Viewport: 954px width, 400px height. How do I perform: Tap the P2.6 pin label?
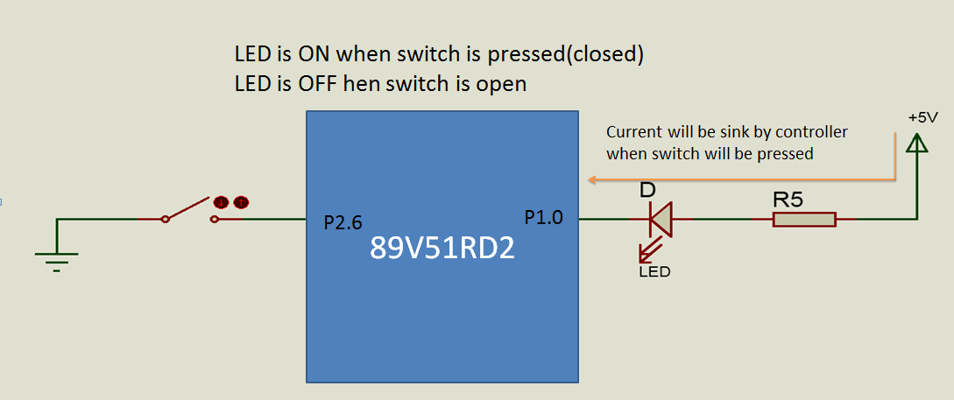tap(343, 223)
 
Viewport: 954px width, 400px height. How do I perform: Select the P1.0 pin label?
tap(545, 217)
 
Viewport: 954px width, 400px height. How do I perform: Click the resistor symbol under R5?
tap(804, 220)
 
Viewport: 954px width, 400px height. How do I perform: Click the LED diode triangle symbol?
tap(660, 220)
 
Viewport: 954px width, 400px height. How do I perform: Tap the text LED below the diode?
tap(654, 271)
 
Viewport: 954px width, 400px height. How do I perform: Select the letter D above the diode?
tap(647, 190)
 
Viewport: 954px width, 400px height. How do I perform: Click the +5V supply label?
tap(923, 118)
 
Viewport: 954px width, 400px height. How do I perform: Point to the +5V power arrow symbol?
tap(916, 144)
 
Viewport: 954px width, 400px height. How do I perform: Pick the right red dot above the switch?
tap(242, 202)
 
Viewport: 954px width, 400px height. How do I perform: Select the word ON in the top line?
tap(314, 55)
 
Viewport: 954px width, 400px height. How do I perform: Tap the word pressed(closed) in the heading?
tap(565, 56)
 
